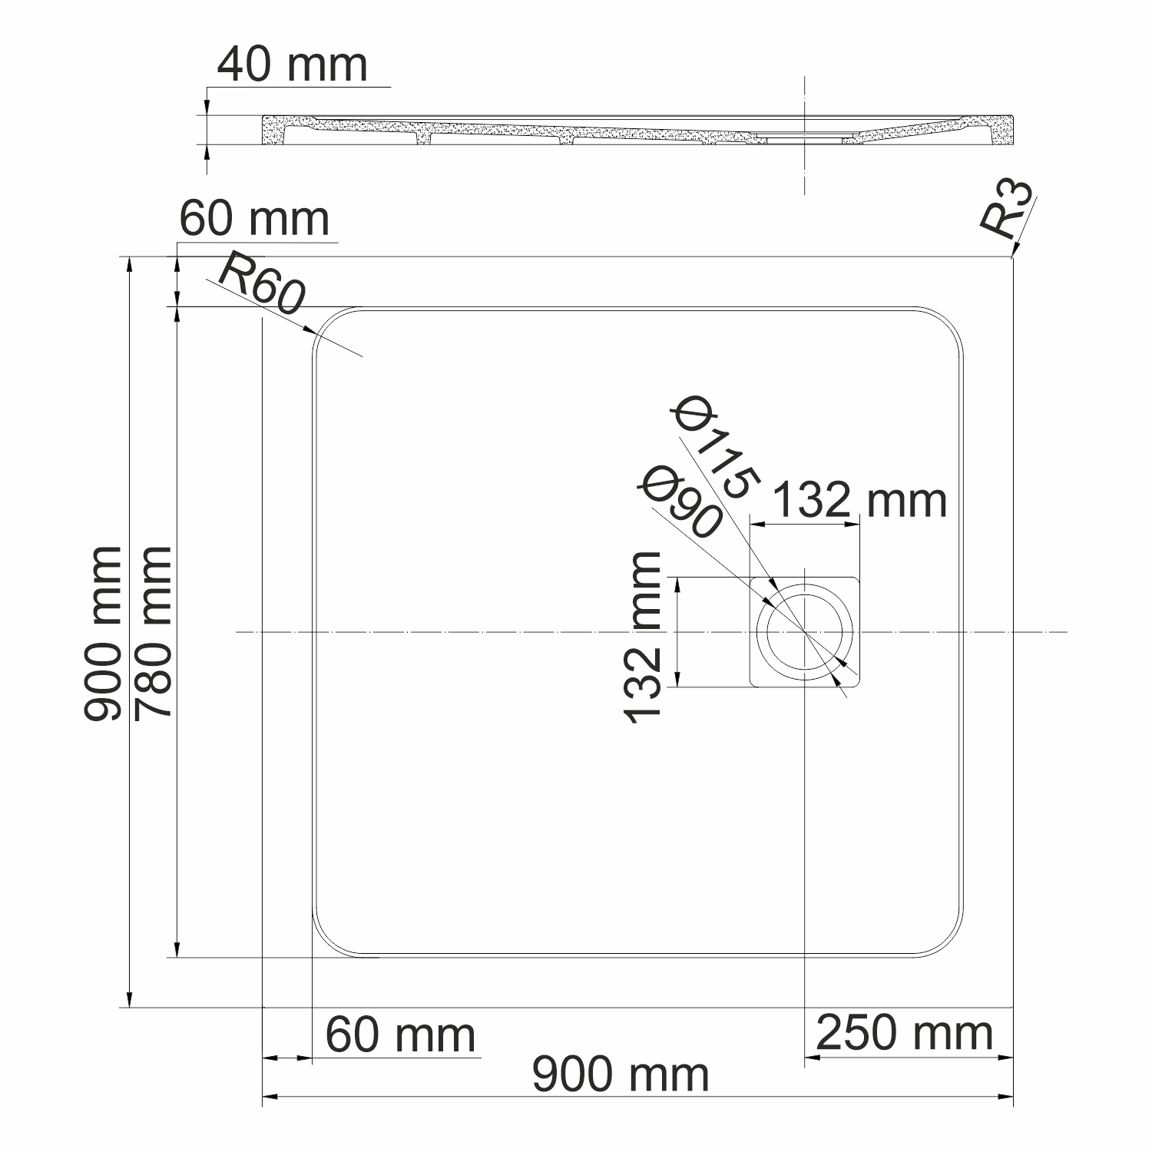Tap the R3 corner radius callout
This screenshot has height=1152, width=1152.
click(x=1005, y=209)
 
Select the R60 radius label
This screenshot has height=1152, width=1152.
click(x=262, y=285)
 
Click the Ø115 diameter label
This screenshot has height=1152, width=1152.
click(x=714, y=449)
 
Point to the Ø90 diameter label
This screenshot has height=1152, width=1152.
click(x=679, y=502)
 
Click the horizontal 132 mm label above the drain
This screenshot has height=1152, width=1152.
click(x=859, y=501)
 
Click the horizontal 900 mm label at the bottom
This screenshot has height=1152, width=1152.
click(x=621, y=1074)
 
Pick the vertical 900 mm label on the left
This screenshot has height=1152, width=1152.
click(x=103, y=634)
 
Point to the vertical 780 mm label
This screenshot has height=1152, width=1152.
click(x=152, y=634)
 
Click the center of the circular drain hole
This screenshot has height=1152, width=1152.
click(x=804, y=632)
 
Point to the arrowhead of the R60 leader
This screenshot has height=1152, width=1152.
click(x=315, y=332)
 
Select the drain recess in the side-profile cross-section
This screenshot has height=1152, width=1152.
click(x=803, y=139)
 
